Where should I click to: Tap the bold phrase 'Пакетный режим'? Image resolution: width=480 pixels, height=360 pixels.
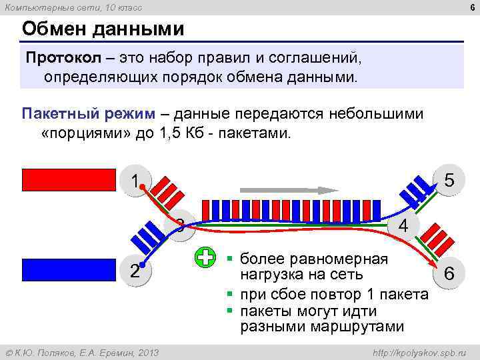pyautogui.click(x=87, y=113)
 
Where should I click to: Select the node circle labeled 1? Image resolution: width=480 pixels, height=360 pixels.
pyautogui.click(x=135, y=181)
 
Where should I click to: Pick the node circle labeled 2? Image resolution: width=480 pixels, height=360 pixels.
pyautogui.click(x=135, y=270)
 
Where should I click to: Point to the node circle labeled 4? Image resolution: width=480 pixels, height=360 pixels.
pyautogui.click(x=403, y=225)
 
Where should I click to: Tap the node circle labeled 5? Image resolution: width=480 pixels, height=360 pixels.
pyautogui.click(x=449, y=181)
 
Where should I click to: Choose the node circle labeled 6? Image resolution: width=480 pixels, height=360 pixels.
pyautogui.click(x=449, y=273)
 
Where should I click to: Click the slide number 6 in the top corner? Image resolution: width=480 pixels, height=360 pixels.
pyautogui.click(x=469, y=7)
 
